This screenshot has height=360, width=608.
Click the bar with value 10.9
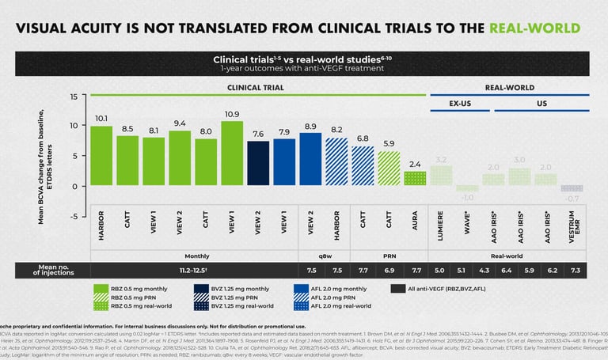[x=232, y=153]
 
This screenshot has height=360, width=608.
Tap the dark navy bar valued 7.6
[x=258, y=163]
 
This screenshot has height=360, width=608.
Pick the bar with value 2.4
[x=415, y=179]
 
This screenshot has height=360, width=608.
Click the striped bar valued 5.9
[x=389, y=169]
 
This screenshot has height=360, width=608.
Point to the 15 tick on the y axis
[x=73, y=97]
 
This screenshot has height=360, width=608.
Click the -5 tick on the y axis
[x=72, y=216]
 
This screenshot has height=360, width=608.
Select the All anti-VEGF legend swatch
[x=399, y=290]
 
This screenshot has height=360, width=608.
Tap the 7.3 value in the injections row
[x=576, y=271]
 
